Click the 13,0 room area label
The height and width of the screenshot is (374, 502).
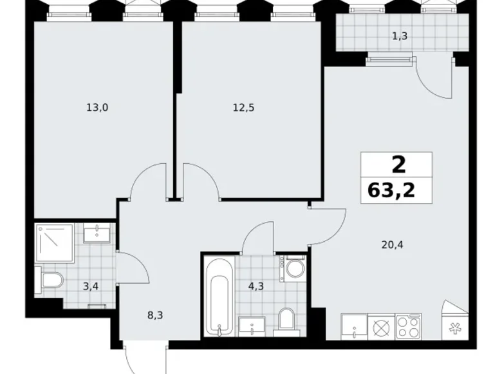pos(97,108)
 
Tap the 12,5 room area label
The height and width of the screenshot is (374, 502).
pos(244,108)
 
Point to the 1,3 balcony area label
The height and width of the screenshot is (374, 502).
pos(399,36)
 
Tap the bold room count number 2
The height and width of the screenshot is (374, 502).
pos(398,165)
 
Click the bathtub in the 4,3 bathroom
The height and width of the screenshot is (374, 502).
pos(218,296)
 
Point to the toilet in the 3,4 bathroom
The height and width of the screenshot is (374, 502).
pos(50,279)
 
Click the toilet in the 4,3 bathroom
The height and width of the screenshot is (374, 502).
pos(286,318)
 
